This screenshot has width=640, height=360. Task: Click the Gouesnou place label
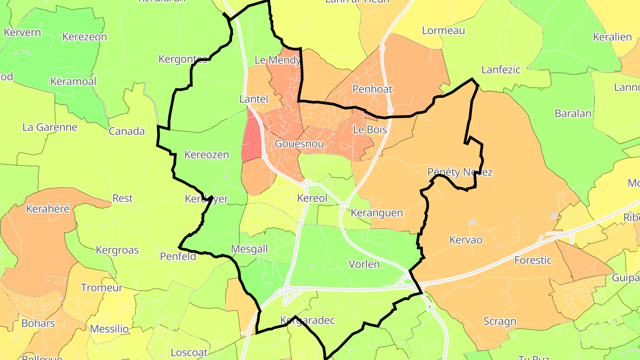click(x=299, y=144)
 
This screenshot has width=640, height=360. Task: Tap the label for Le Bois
click(x=370, y=130)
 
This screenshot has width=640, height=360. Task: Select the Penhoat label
click(x=372, y=89)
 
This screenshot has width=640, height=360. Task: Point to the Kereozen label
click(x=207, y=155)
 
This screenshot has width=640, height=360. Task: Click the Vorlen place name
click(x=364, y=264)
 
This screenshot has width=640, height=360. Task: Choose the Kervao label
click(x=466, y=240)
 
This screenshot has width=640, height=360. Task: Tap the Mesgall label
click(x=250, y=249)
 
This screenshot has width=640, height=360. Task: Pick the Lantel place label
click(x=254, y=99)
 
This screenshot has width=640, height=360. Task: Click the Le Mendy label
click(x=277, y=60)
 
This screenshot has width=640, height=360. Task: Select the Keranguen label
click(x=377, y=213)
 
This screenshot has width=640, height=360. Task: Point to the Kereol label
click(x=312, y=198)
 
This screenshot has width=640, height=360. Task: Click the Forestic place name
click(x=533, y=260)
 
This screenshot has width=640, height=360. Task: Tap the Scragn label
click(x=500, y=321)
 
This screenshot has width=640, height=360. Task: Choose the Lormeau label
click(x=444, y=31)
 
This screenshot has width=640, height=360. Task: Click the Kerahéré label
click(x=48, y=209)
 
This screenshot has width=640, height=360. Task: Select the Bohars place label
click(x=38, y=323)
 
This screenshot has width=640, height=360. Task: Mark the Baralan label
click(x=573, y=114)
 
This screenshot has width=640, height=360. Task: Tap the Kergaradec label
click(x=308, y=320)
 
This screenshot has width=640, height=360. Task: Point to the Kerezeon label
click(x=85, y=37)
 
